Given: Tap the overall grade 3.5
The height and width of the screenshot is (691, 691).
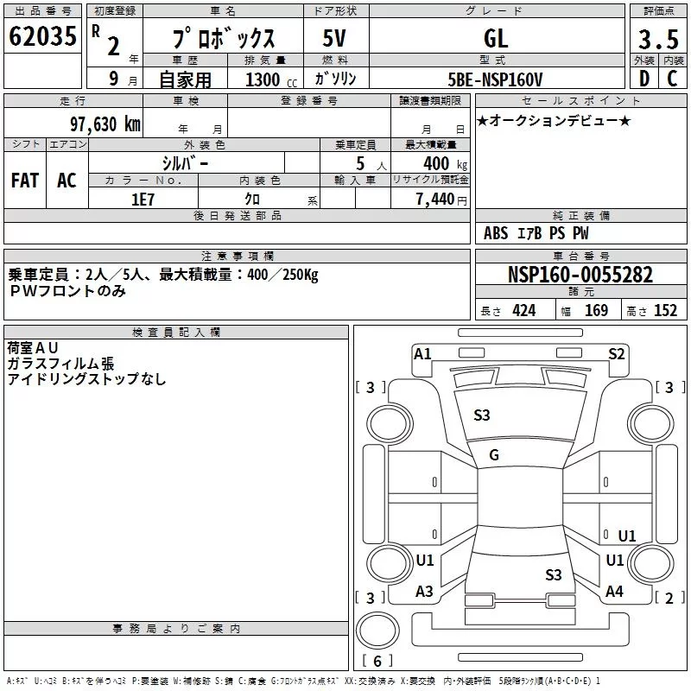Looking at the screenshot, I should click(x=657, y=40).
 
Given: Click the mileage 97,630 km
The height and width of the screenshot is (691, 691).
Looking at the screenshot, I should click(x=105, y=124).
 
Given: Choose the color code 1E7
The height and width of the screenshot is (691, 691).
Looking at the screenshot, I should click(x=143, y=198).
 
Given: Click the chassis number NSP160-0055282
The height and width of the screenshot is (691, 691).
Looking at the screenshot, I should click(x=580, y=276).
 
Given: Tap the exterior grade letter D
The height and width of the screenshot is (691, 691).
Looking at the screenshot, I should click(x=643, y=79).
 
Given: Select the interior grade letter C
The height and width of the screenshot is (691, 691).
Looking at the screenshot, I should click(x=672, y=79).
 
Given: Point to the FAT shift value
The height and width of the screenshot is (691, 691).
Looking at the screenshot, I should click(x=24, y=181).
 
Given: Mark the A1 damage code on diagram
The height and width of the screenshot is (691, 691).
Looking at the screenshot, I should click(x=422, y=354).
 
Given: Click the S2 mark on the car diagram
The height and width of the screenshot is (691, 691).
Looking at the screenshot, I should click(x=616, y=353).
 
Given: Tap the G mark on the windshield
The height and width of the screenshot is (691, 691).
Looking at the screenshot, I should click(x=494, y=455).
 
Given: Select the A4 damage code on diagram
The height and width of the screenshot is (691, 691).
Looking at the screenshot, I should click(x=614, y=592).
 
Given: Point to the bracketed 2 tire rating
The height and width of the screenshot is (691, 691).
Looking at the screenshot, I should click(x=666, y=599).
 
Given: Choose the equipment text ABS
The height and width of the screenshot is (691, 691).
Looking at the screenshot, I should click(x=496, y=233).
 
